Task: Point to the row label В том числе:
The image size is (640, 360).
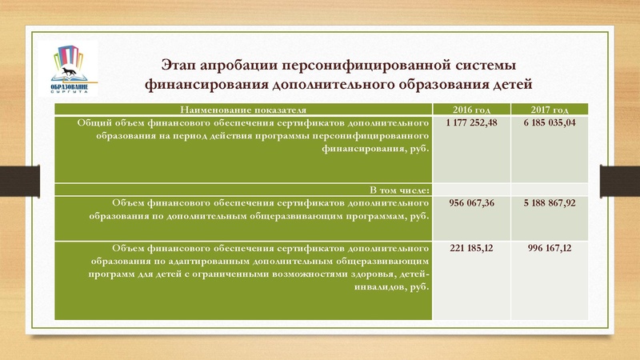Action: [400, 190]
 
